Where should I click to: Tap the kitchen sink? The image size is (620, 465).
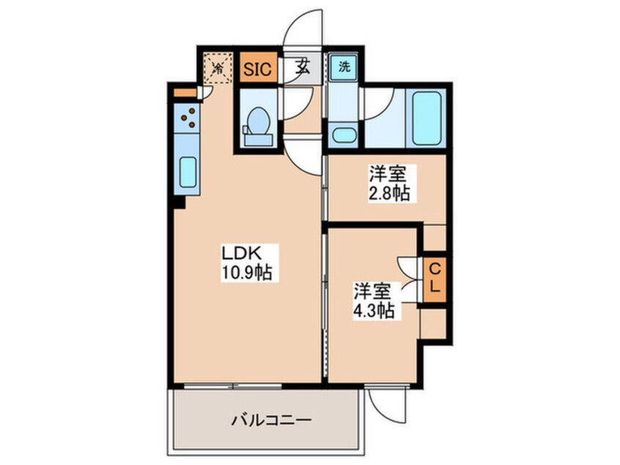click(x=188, y=173)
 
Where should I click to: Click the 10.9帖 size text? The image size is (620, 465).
click(x=248, y=274)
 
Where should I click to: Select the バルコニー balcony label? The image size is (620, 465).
click(x=272, y=421)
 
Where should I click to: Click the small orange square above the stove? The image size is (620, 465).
click(x=185, y=93)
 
